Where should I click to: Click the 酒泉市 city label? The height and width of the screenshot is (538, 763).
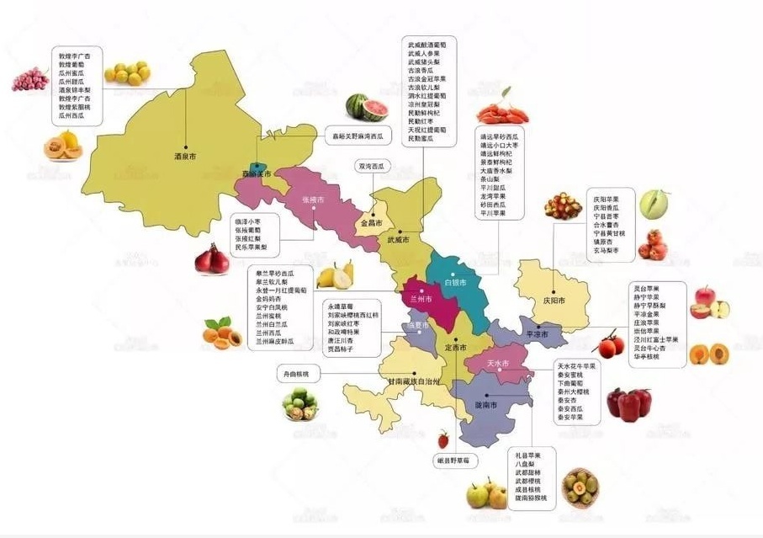click(x=183, y=157)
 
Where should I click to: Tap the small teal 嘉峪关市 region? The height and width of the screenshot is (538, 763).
click(x=256, y=171)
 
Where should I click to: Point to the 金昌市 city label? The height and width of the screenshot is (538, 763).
click(x=372, y=224)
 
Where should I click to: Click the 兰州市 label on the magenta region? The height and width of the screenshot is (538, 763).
click(x=421, y=300)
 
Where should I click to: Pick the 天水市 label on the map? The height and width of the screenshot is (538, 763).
click(x=500, y=363)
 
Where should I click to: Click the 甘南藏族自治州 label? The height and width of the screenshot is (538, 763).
click(x=413, y=381)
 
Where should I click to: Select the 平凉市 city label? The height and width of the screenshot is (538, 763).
click(x=537, y=334)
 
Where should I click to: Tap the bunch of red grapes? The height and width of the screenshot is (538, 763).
click(x=29, y=81)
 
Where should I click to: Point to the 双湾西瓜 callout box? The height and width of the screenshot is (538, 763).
click(x=371, y=166)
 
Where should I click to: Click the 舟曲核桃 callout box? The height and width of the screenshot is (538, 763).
click(x=294, y=372)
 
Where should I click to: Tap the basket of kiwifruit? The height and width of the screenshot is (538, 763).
click(x=580, y=487)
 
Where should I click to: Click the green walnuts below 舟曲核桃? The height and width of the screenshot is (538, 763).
click(x=299, y=406)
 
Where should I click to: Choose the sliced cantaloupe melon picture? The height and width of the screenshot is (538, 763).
click(x=62, y=145)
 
